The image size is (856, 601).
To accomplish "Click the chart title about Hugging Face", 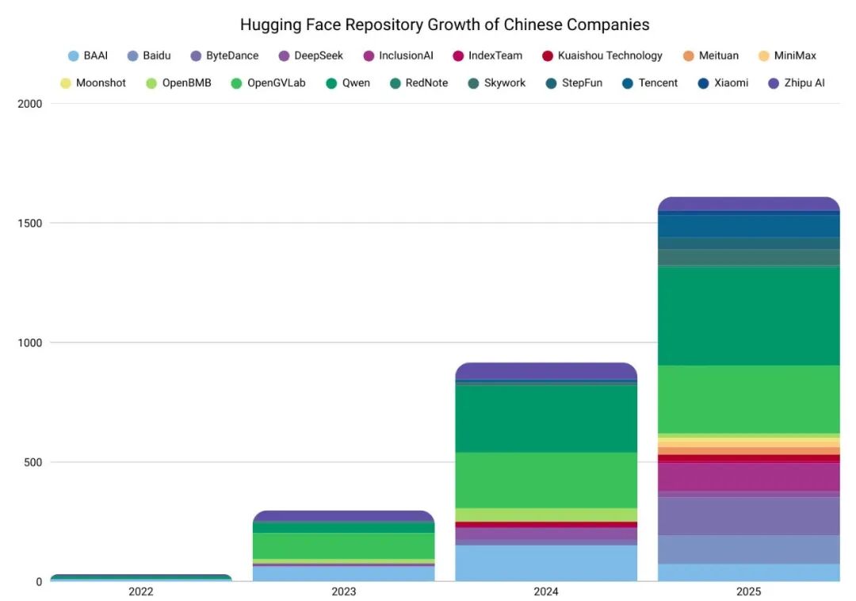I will pos(445,25).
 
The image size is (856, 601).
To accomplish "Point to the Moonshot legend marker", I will pos(66,83).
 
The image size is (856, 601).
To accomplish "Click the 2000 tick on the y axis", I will pos(29,104).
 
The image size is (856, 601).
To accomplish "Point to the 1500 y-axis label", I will pos(29,224).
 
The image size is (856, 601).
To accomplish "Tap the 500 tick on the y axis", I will pos(32,462).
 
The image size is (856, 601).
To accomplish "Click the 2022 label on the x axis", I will pos(141,591).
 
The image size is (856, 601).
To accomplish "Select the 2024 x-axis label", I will pos(546,591).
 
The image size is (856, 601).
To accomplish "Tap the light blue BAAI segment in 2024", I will pos(546,563).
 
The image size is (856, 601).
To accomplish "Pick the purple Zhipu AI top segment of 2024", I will pos(546,371).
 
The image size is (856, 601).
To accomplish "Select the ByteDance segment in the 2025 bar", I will pos(749,516).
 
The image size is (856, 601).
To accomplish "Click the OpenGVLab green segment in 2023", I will pos(343,545).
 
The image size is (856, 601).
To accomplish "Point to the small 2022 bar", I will pos(141,577).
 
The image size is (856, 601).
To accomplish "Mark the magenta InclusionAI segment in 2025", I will pos(749,477).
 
